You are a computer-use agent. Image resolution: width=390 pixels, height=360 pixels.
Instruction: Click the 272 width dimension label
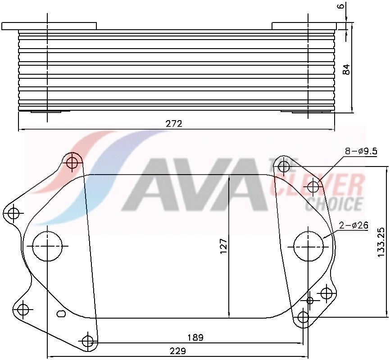pyautogui.click(x=174, y=124)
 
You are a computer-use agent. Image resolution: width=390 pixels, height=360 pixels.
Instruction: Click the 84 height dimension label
pyautogui.click(x=346, y=69)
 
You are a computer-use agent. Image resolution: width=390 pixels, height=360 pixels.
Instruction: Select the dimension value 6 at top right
pyautogui.click(x=341, y=6)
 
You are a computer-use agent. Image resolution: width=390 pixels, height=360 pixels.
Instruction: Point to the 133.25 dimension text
pyautogui.click(x=381, y=242)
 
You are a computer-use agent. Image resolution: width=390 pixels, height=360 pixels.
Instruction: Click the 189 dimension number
pyautogui.click(x=195, y=337)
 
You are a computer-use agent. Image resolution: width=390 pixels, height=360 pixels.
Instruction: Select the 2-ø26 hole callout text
pyautogui.click(x=354, y=225)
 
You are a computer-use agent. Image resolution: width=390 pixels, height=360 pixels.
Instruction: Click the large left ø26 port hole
pyautogui.click(x=48, y=247)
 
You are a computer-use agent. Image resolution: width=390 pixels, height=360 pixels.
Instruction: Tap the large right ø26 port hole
pyautogui.click(x=308, y=246)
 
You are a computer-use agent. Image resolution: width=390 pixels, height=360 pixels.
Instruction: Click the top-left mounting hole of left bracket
pyautogui.click(x=73, y=162)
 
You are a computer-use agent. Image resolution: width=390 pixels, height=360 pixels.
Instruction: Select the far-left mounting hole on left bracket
pyautogui.click(x=14, y=212)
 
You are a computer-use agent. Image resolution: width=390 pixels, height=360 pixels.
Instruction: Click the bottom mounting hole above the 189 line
pyautogui.click(x=88, y=341)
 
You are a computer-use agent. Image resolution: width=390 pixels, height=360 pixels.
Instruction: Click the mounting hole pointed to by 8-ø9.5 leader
pyautogui.click(x=313, y=187)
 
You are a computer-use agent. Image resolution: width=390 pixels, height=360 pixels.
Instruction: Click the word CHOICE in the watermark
pyautogui.click(x=334, y=203)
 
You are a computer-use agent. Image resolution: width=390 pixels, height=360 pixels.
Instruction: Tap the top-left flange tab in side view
pyautogui.click(x=49, y=26)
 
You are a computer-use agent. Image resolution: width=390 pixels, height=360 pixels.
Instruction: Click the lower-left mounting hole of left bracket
pyautogui.click(x=23, y=310)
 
